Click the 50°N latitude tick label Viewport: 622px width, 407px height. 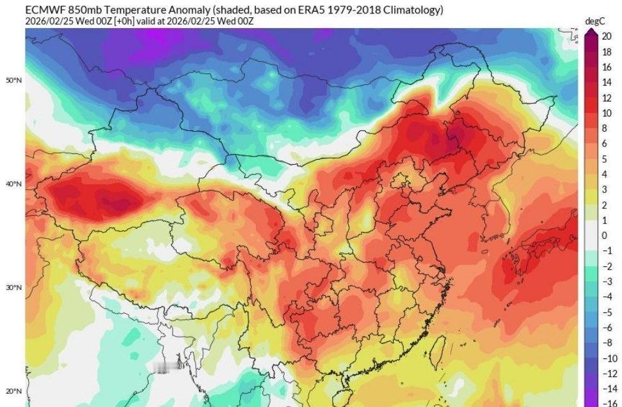(14, 81)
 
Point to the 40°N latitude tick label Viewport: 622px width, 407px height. (14, 184)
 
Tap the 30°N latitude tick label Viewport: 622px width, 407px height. (14, 288)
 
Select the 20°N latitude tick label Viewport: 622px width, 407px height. (14, 391)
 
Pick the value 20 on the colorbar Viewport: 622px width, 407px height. (607, 36)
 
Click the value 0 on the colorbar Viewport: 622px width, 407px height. (604, 236)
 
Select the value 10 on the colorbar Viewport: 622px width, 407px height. (607, 113)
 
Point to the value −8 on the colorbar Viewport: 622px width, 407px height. (609, 342)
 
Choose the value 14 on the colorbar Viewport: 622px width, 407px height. (607, 82)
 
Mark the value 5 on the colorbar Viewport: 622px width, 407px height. (604, 159)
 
